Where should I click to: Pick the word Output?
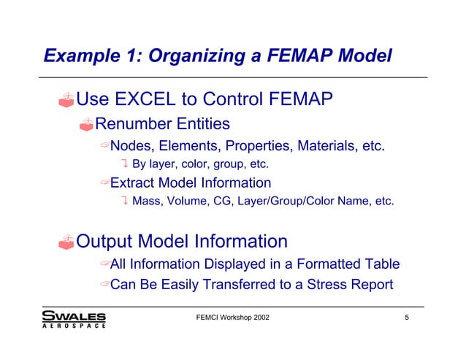pyautogui.click(x=114, y=240)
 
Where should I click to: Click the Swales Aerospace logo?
pyautogui.click(x=74, y=320)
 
